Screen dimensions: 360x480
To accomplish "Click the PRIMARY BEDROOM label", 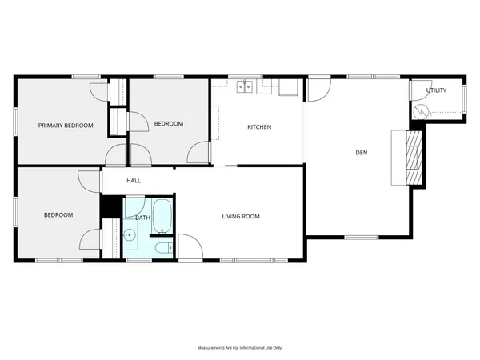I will (66, 126).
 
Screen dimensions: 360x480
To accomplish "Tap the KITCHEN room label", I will (259, 127).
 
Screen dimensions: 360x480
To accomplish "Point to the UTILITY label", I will (436, 90).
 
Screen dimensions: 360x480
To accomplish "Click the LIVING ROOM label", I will (241, 217).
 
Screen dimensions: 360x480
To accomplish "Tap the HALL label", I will (134, 181).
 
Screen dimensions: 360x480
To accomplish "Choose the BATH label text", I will (142, 218).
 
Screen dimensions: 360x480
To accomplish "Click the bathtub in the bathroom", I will (162, 216).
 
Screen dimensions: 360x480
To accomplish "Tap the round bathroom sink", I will (130, 235).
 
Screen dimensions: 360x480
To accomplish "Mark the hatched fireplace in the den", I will (413, 157).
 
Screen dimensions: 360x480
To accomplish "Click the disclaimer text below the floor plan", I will (240, 348).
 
